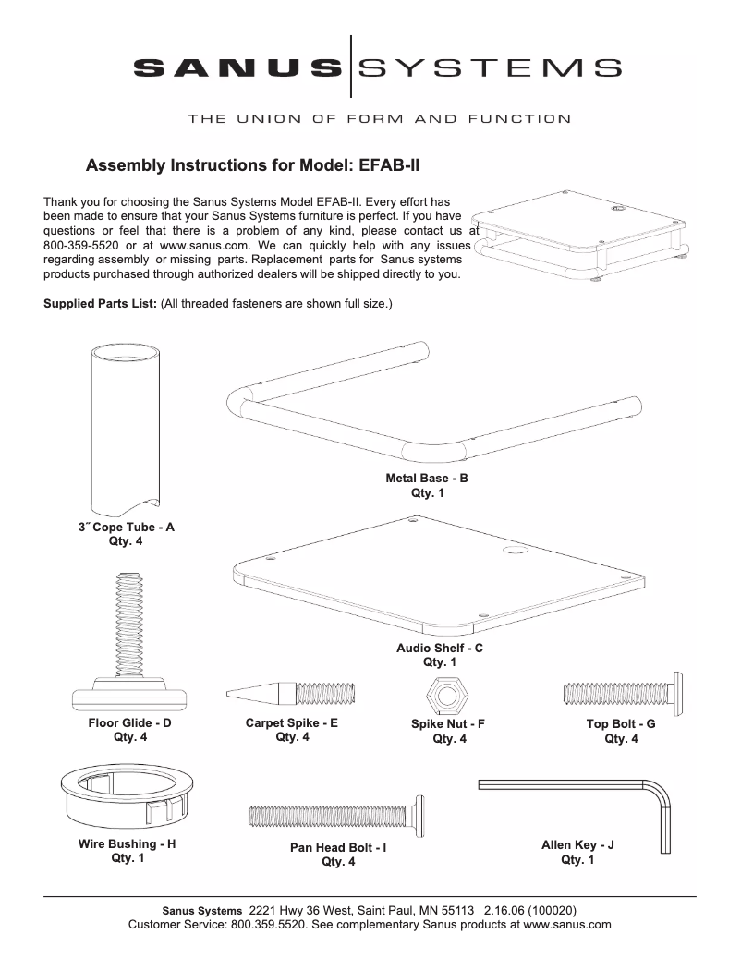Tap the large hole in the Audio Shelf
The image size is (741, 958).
pyautogui.click(x=512, y=550)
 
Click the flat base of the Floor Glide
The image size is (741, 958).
pyautogui.click(x=129, y=694)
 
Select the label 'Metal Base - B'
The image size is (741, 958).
pyautogui.click(x=427, y=479)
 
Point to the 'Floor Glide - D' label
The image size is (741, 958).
pyautogui.click(x=129, y=723)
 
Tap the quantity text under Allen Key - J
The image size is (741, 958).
pyautogui.click(x=577, y=860)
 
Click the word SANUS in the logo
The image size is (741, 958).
pyautogui.click(x=236, y=67)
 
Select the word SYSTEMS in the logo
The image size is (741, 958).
pyautogui.click(x=489, y=67)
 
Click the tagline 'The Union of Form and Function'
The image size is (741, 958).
pyautogui.click(x=379, y=119)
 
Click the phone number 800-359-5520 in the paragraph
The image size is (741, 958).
pyautogui.click(x=81, y=245)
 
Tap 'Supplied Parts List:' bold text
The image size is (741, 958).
pyautogui.click(x=100, y=303)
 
